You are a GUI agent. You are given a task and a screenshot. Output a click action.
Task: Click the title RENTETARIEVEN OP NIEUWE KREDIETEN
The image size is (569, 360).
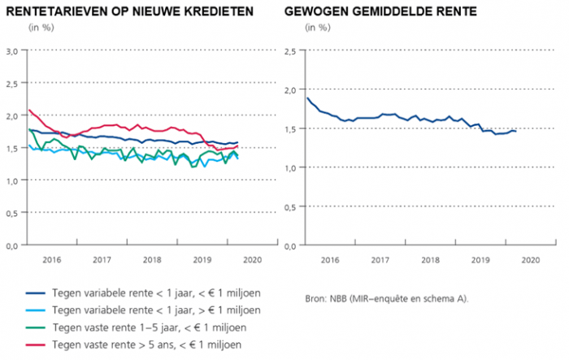129,12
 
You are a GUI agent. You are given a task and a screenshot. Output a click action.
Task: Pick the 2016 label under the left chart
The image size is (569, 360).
53,260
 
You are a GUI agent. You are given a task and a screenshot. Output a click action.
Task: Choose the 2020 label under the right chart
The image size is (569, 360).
530,260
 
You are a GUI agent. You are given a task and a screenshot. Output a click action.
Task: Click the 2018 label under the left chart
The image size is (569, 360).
151,260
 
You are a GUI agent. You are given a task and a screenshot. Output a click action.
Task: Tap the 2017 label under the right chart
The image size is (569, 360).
380,260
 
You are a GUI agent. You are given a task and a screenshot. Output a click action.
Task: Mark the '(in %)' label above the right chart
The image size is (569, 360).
317,28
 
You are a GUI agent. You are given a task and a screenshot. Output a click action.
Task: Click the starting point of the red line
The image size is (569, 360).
29,111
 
